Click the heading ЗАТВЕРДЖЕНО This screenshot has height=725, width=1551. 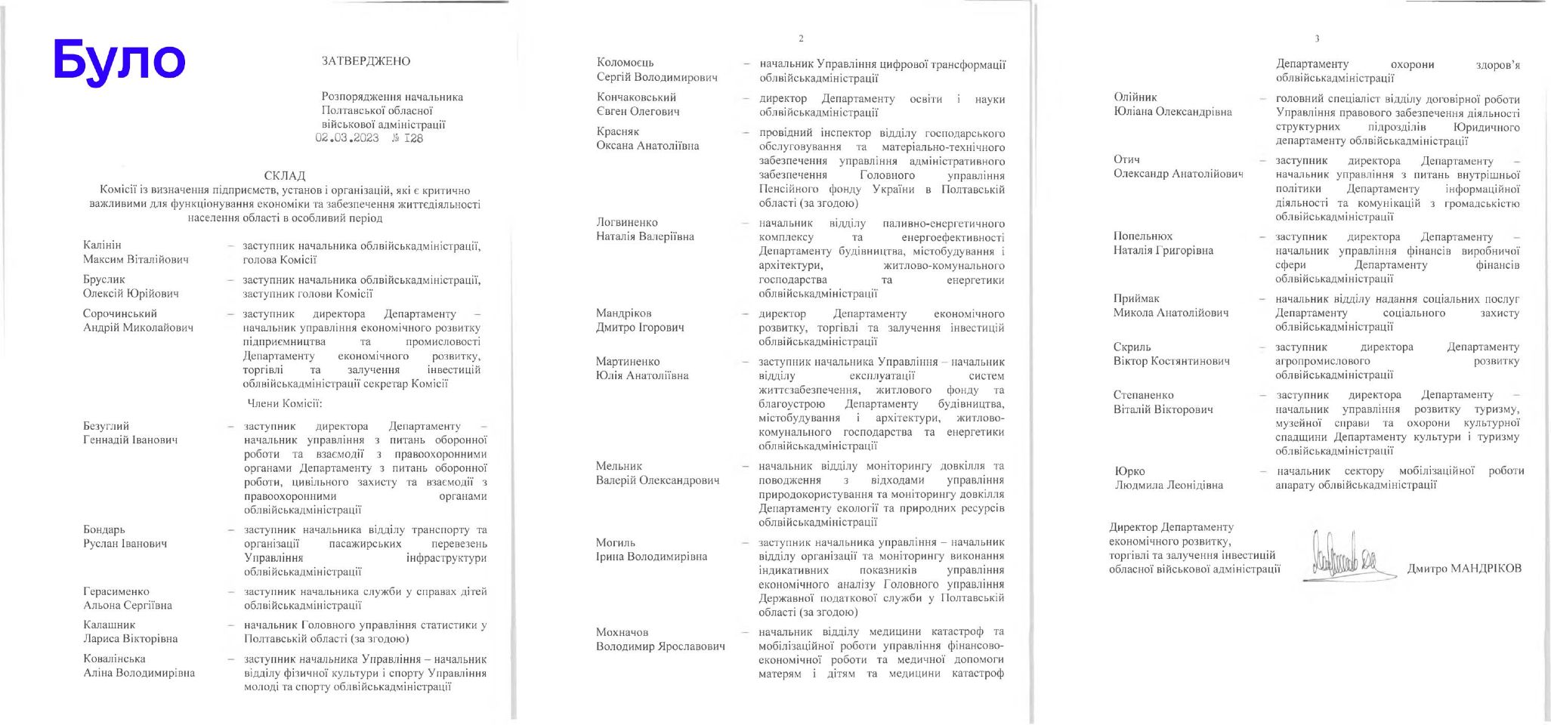(x=366, y=61)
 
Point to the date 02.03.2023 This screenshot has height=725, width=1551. (x=347, y=138)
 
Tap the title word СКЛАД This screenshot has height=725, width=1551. (x=285, y=176)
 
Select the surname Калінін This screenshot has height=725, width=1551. (x=102, y=245)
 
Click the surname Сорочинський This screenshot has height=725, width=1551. (x=120, y=313)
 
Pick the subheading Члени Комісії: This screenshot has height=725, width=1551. (x=285, y=404)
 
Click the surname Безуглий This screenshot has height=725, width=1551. (x=106, y=426)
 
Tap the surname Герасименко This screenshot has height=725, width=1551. (x=116, y=591)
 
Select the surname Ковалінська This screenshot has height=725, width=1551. (x=114, y=659)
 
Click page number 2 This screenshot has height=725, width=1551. (x=801, y=39)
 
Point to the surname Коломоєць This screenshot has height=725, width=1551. (x=625, y=63)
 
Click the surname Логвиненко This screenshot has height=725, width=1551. (x=626, y=222)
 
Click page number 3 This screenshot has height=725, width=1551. (x=1317, y=39)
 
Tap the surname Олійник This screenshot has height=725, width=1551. (x=1135, y=97)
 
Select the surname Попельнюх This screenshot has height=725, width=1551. (x=1142, y=236)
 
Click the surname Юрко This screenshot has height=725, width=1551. (x=1129, y=471)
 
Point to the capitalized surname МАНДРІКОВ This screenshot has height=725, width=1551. (x=1484, y=569)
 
